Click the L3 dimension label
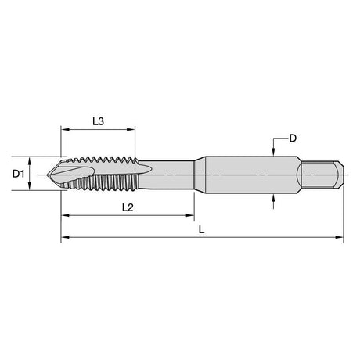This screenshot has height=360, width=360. click(x=99, y=121)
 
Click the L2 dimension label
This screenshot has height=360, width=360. click(x=128, y=207)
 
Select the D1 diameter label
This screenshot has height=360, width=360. click(x=18, y=174)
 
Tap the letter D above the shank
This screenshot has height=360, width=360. click(x=293, y=139)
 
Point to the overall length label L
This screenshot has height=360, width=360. click(x=201, y=229)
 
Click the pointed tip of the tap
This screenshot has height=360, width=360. click(x=48, y=175)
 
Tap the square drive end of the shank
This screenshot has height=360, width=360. click(x=322, y=175)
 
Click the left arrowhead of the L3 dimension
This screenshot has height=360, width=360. click(x=64, y=129)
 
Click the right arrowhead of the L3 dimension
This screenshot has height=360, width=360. click(x=131, y=129)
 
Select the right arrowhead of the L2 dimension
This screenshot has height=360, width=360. click(x=190, y=215)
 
